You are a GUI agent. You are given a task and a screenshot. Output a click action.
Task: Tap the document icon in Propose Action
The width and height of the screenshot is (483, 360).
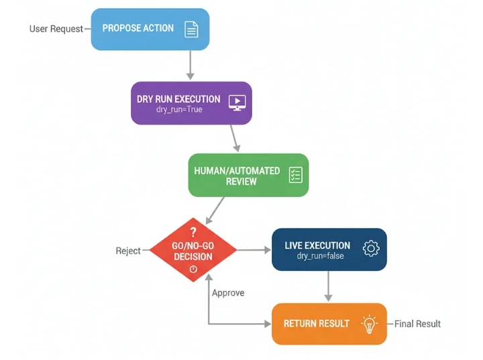191,29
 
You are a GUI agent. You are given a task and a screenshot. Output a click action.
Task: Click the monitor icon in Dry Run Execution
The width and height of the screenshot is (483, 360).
237,103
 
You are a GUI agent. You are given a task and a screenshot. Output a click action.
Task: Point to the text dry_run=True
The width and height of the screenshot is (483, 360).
179,109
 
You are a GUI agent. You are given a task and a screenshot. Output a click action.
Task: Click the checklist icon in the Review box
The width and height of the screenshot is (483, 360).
295,175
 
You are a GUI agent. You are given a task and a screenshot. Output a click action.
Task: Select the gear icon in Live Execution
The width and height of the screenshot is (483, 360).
371,249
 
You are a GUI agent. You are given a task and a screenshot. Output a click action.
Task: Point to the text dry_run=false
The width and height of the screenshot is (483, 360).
321,256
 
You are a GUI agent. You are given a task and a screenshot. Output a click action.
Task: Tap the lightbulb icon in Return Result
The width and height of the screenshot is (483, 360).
368,324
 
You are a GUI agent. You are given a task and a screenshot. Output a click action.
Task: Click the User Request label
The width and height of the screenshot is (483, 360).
56,29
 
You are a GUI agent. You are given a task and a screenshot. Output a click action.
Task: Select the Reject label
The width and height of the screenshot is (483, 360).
128,251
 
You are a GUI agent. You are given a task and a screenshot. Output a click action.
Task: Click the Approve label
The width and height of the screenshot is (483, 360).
228,293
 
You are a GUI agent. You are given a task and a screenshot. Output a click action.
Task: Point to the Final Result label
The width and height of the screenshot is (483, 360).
417,324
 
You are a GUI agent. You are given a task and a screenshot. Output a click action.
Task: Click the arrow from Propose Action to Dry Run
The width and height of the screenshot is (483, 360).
191,65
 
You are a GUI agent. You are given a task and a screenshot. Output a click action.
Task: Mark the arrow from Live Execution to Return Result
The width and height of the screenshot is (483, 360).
328,286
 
